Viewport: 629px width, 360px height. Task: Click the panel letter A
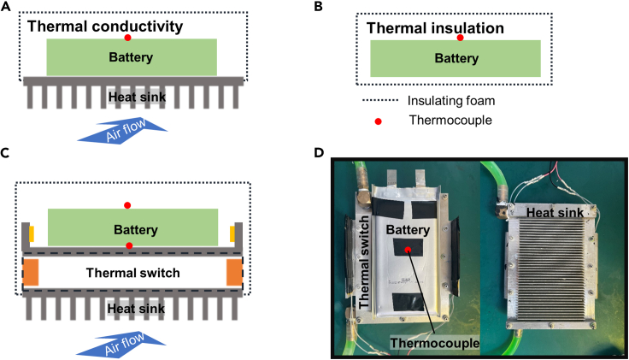pyautogui.click(x=6, y=6)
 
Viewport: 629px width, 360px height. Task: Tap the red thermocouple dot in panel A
pyautogui.click(x=127, y=38)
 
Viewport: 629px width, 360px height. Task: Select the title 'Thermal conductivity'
pyautogui.click(x=105, y=27)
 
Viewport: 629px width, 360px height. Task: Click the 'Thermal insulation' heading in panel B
pyautogui.click(x=435, y=28)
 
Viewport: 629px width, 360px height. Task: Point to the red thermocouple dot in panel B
pyautogui.click(x=460, y=38)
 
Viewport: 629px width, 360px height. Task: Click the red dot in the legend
pyautogui.click(x=379, y=121)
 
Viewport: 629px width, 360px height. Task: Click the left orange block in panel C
pyautogui.click(x=31, y=273)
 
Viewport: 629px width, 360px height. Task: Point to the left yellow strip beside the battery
pyautogui.click(x=32, y=233)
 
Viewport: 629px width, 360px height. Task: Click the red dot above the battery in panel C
pyautogui.click(x=127, y=204)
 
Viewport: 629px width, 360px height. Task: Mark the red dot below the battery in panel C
pyautogui.click(x=129, y=246)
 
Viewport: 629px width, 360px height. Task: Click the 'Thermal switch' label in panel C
pyautogui.click(x=128, y=274)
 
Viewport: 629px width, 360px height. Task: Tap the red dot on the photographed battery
pyautogui.click(x=408, y=249)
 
